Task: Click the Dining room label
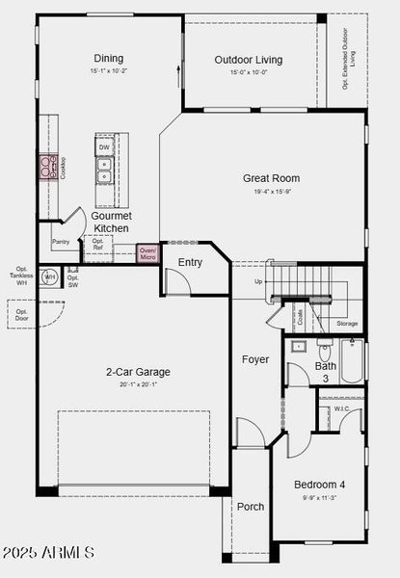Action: (109, 58)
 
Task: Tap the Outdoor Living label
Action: (249, 61)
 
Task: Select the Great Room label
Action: (271, 178)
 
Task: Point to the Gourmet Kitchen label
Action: (111, 223)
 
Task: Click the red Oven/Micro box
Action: (147, 253)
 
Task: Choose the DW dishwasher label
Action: (103, 147)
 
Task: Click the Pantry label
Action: (61, 242)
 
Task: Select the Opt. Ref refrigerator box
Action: (97, 244)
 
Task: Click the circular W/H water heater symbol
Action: (50, 277)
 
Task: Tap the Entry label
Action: (190, 262)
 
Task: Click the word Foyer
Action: (255, 359)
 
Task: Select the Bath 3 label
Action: (326, 371)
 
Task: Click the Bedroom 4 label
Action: (319, 484)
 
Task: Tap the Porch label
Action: (251, 507)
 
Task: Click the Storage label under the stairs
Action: (346, 324)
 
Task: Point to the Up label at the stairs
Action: (257, 281)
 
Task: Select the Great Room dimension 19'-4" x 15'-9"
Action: (271, 192)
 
